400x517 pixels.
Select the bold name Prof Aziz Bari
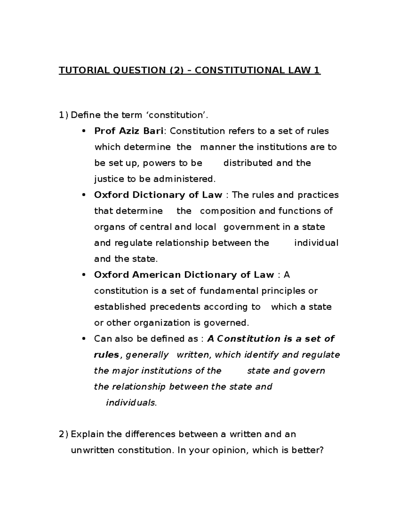129,131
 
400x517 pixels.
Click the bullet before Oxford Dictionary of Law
84,195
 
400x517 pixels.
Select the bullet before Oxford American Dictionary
84,275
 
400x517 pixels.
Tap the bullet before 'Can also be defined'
84,339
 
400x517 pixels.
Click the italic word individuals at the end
131,403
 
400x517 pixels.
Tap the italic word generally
147,355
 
